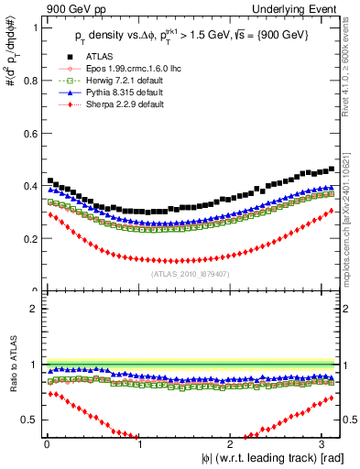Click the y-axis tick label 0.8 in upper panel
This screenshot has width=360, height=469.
[x=27, y=81]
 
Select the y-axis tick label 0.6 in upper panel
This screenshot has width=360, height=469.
[x=27, y=133]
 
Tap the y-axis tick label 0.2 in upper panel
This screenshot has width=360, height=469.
[x=27, y=238]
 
